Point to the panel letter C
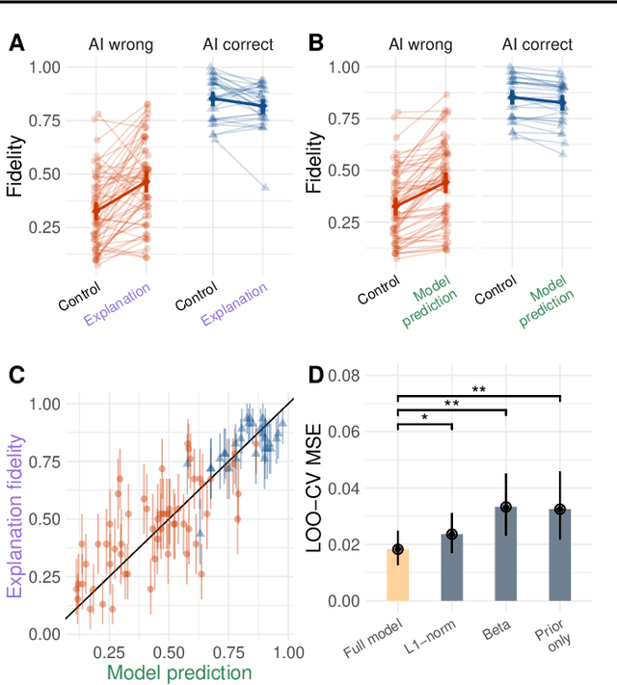[x=16, y=375]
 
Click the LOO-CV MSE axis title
[x=316, y=487]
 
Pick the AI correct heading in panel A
[x=237, y=44]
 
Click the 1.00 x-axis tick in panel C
[x=286, y=650]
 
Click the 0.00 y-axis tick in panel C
[x=43, y=633]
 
